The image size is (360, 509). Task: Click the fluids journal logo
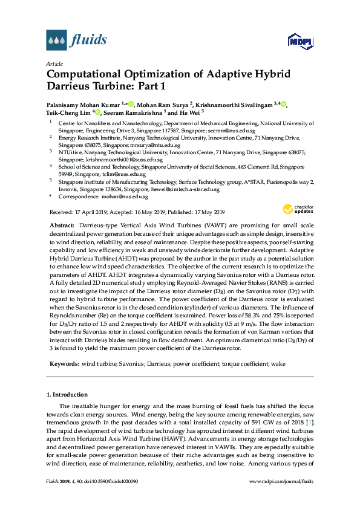pos(76,41)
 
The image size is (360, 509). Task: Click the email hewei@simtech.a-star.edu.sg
pos(182,189)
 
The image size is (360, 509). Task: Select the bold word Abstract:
pos(62,224)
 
